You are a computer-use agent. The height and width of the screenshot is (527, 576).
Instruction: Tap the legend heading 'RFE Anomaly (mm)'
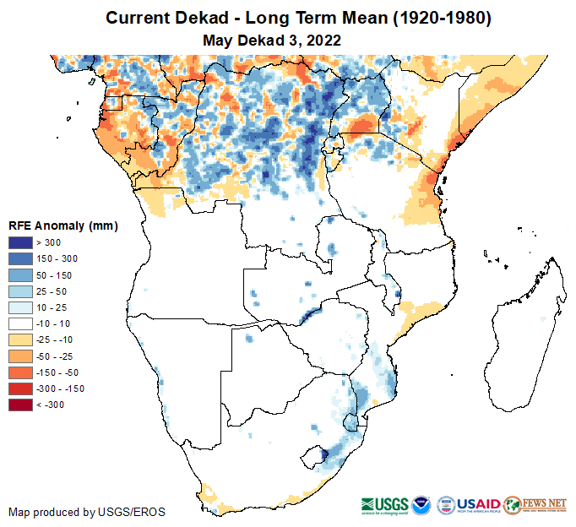(x=63, y=225)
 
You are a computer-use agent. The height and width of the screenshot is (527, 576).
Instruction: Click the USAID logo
(x=477, y=504)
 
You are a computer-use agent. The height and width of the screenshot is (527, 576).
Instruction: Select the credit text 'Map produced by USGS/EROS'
(x=87, y=512)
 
